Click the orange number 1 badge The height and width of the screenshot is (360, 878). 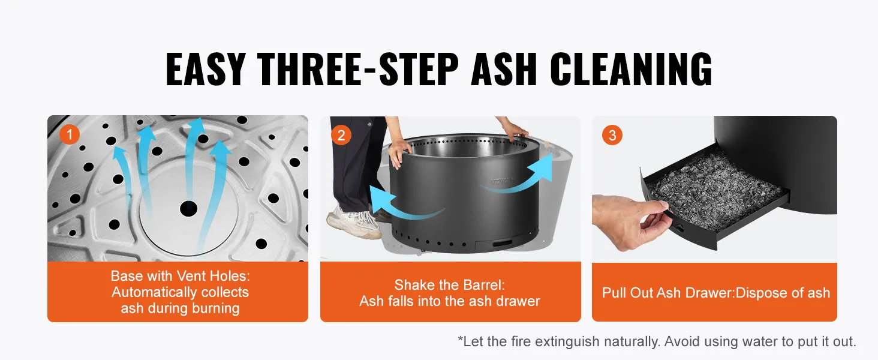(x=70, y=134)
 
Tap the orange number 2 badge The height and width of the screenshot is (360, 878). (x=341, y=135)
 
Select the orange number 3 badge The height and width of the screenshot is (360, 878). (x=612, y=135)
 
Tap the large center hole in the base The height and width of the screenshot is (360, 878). (x=188, y=208)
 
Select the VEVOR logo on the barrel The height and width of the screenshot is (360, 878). (x=502, y=181)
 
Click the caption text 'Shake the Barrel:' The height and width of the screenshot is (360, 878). (x=450, y=285)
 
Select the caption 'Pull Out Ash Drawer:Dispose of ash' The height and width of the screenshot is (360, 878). (x=716, y=293)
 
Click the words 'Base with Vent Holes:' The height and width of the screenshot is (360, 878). (x=181, y=276)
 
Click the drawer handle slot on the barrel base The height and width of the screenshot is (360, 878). (x=503, y=244)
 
